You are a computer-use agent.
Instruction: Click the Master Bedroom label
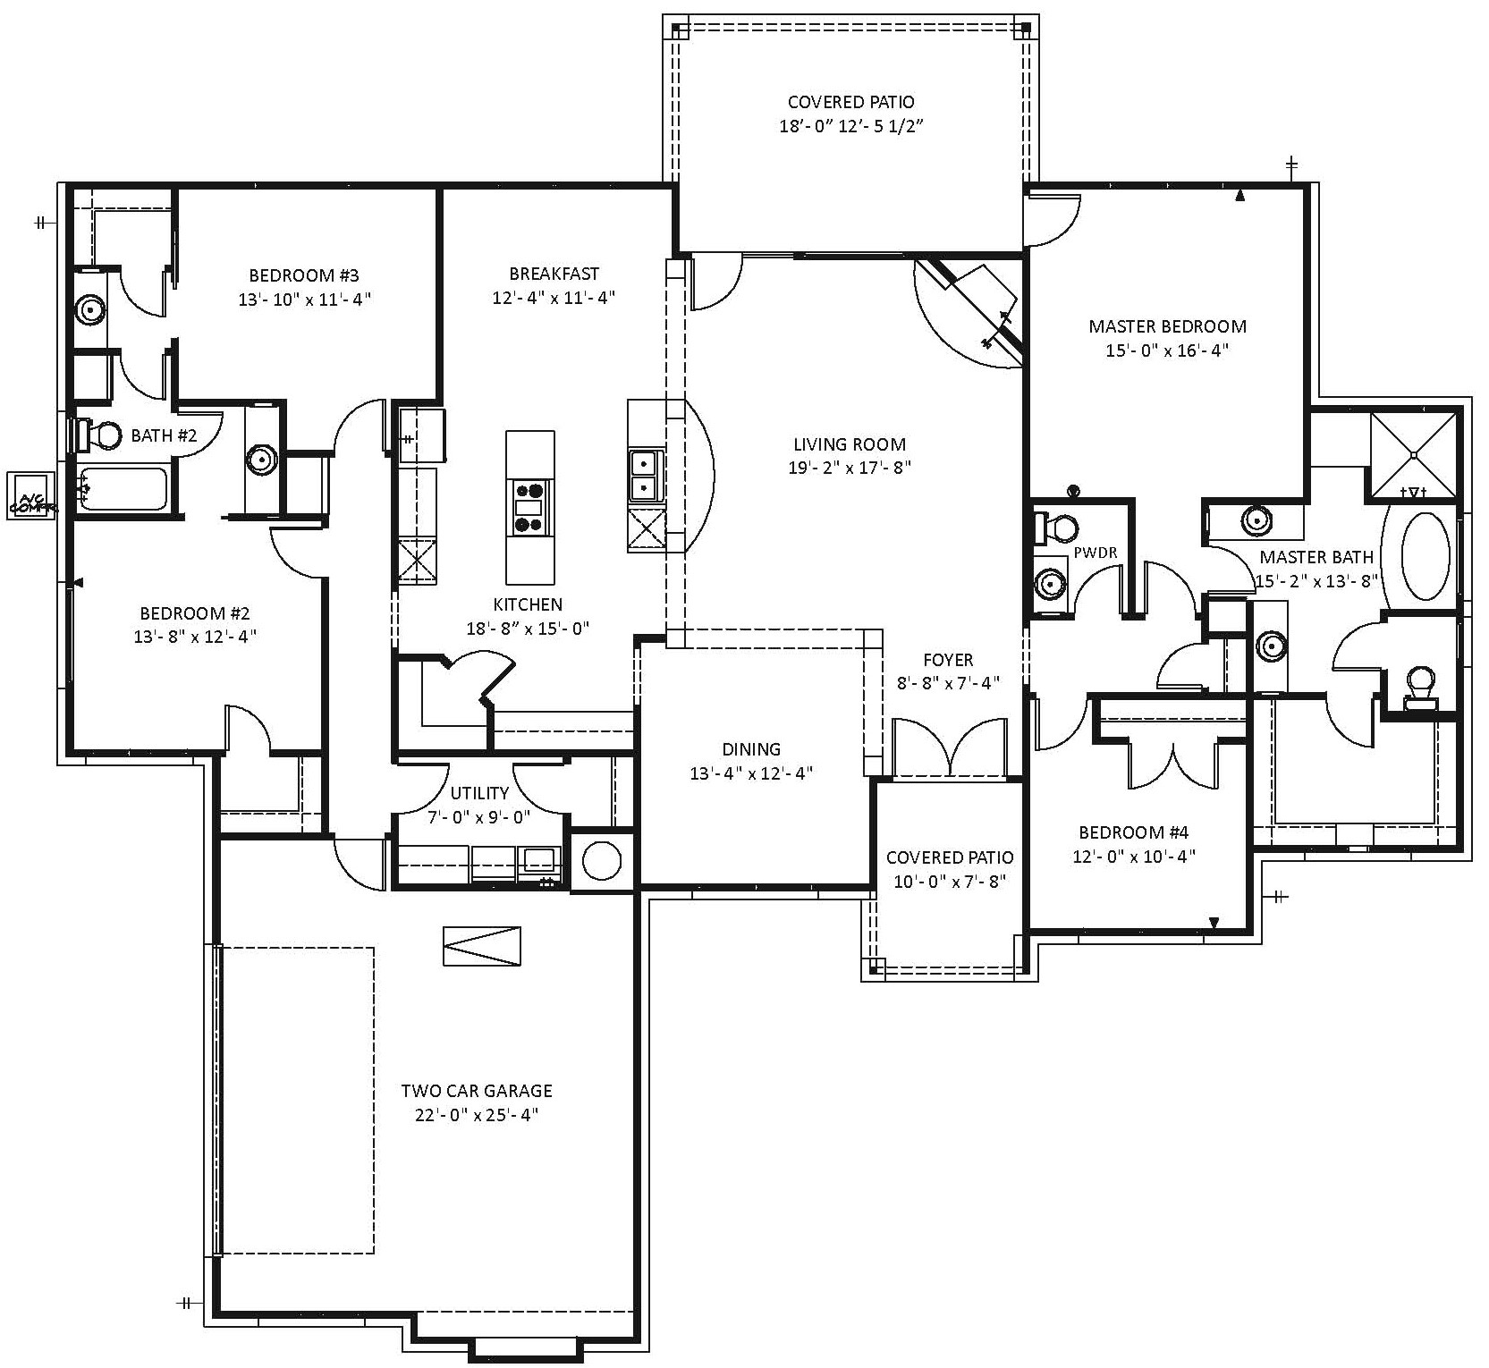[1167, 326]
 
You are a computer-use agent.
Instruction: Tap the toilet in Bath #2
[100, 436]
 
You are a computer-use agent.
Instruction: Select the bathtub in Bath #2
[123, 489]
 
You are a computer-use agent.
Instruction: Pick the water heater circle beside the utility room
[602, 861]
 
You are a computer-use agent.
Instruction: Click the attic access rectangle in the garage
[483, 946]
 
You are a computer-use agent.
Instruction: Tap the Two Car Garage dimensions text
[476, 1115]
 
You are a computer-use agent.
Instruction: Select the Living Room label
[850, 444]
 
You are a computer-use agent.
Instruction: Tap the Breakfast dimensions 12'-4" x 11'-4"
[554, 298]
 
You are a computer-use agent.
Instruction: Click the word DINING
[751, 749]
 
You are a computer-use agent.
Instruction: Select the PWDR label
[1096, 553]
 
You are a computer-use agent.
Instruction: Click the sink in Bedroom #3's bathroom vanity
[89, 310]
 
